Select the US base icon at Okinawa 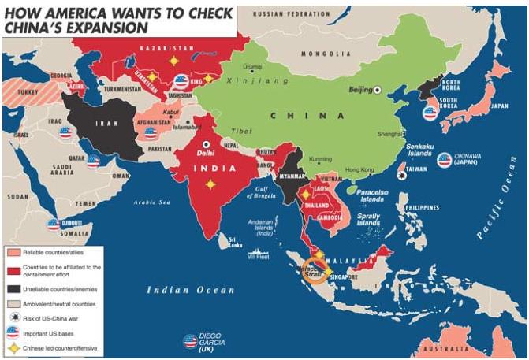445,160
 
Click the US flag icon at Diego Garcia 190,340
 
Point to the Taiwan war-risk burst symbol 403,176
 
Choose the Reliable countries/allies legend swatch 14,253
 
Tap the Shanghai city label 391,135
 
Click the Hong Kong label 359,170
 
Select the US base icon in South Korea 430,112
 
